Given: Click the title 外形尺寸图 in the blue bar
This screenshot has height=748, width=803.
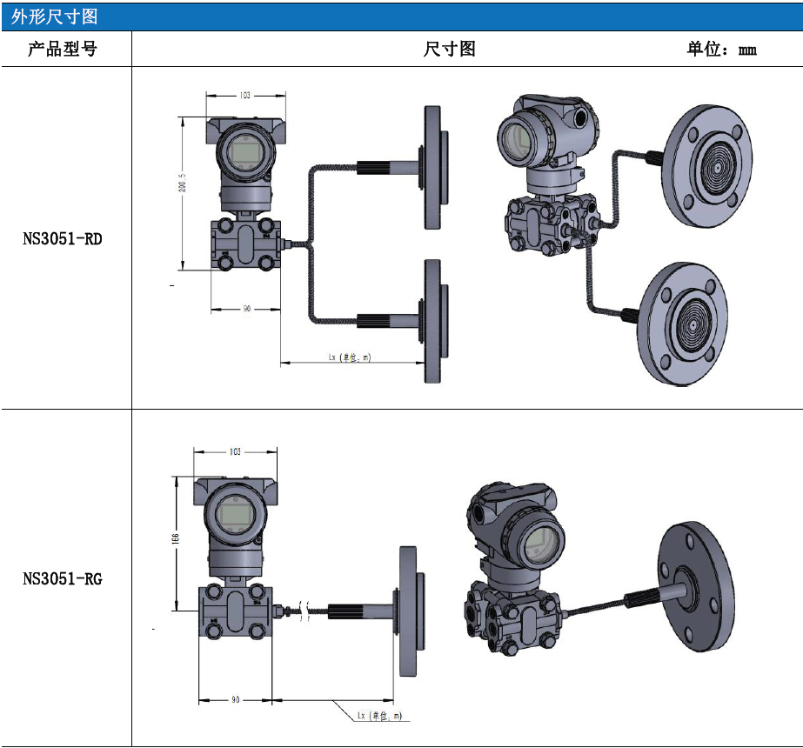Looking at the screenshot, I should (55, 17).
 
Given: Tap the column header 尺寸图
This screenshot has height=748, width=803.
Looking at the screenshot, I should (449, 50).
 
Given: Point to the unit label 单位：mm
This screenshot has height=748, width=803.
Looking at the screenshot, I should (721, 50).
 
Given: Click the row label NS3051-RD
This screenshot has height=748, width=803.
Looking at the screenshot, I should (62, 238).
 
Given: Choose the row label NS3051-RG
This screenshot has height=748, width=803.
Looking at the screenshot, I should (62, 578).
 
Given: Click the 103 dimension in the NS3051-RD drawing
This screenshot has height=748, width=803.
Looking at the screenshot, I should (244, 95).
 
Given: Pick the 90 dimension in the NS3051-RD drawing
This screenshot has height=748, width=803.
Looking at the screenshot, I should (246, 309).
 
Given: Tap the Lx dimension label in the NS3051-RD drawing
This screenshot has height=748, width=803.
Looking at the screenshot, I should (349, 357).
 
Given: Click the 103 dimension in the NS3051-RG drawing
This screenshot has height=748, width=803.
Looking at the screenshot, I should (234, 452).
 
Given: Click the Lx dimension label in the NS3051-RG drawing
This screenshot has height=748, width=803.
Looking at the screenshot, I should (379, 716).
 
